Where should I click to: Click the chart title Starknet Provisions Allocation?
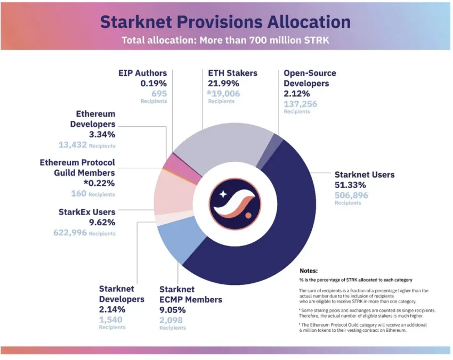pos(225,22)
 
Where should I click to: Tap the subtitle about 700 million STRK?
pos(225,40)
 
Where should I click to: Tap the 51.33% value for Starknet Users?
pos(350,185)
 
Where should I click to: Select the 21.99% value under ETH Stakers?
pos(223,83)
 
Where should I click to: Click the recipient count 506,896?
pos(351,195)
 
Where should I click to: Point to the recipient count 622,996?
pos(70,233)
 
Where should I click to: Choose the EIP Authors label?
pos(142,73)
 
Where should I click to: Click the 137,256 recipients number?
pos(300,104)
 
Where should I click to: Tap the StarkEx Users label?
pos(87,211)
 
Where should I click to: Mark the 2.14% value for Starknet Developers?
pos(112,309)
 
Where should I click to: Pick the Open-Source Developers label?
pos(310,78)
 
